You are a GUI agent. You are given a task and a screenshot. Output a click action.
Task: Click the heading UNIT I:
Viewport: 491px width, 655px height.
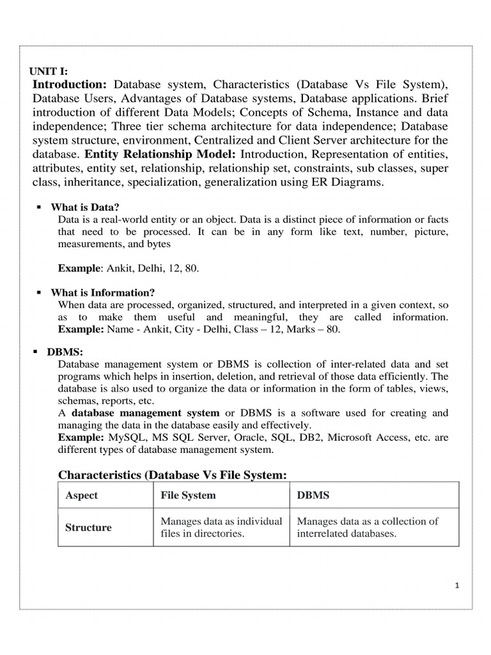pyautogui.click(x=49, y=72)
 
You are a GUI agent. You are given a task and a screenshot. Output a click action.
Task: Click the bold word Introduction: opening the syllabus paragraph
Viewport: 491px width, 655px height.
pyautogui.click(x=70, y=84)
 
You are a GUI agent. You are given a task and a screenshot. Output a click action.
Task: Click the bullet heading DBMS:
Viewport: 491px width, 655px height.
pyautogui.click(x=65, y=352)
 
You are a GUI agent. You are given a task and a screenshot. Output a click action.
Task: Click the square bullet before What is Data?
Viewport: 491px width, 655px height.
pyautogui.click(x=39, y=207)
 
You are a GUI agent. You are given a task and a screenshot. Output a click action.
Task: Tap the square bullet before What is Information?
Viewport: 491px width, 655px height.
pyautogui.click(x=39, y=292)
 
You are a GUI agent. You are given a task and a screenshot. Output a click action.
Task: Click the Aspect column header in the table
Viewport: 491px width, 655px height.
pyautogui.click(x=81, y=496)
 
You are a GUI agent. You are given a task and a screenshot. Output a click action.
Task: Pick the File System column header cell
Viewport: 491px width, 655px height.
pyautogui.click(x=188, y=496)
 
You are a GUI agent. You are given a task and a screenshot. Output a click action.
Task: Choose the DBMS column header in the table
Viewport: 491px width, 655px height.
pyautogui.click(x=313, y=496)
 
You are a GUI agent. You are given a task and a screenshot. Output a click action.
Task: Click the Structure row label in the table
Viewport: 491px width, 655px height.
pyautogui.click(x=88, y=528)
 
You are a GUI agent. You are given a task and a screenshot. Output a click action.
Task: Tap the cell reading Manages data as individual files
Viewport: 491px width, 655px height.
pyautogui.click(x=221, y=527)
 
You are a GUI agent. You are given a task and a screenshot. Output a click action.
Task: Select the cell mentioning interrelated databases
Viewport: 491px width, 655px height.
pyautogui.click(x=368, y=527)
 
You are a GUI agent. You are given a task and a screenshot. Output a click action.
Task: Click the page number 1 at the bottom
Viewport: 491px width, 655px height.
pyautogui.click(x=458, y=584)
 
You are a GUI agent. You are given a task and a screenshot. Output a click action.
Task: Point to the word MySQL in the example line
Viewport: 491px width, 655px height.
pyautogui.click(x=128, y=438)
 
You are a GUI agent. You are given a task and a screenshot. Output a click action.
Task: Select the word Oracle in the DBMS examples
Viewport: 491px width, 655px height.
pyautogui.click(x=253, y=438)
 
